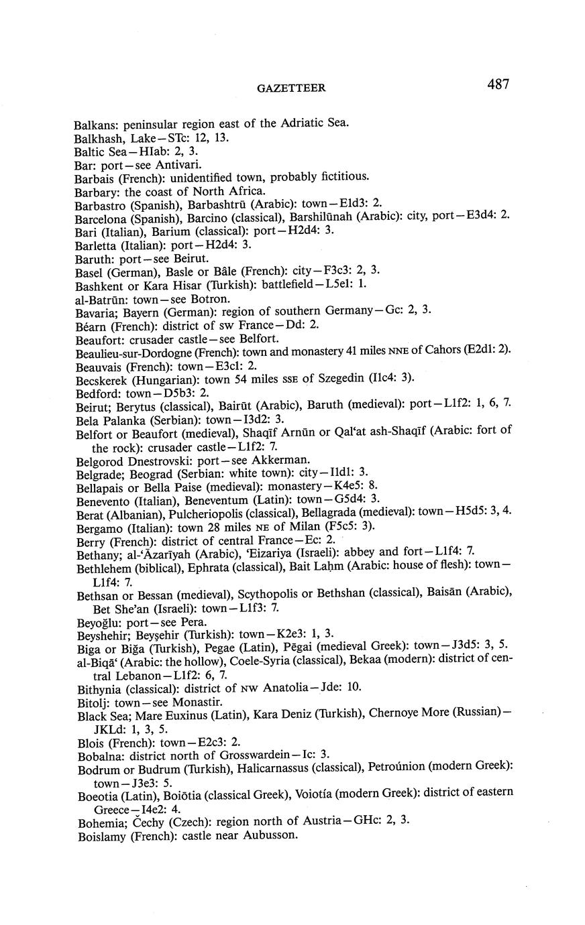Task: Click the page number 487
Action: tap(498, 84)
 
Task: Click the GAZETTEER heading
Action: tap(292, 88)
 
